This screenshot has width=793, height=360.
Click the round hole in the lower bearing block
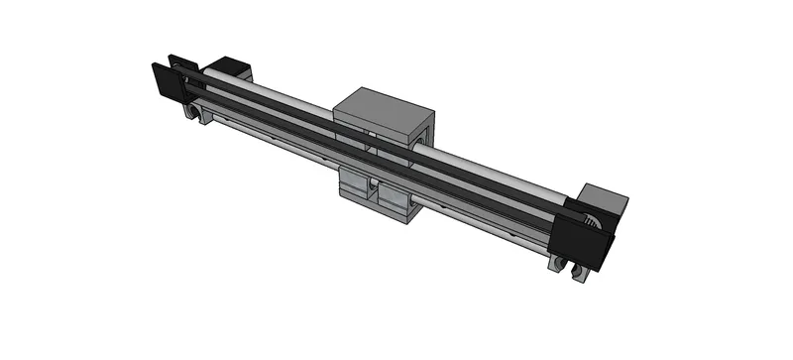(x=375, y=185)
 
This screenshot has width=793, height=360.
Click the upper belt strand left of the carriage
(x=268, y=107)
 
